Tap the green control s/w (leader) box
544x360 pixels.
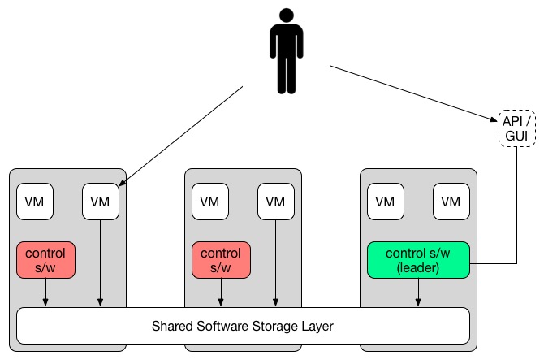tap(418, 260)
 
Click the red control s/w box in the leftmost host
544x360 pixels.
tap(45, 260)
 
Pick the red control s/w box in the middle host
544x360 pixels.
tap(221, 260)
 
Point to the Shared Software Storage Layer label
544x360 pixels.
tap(243, 326)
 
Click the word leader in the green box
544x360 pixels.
tap(418, 267)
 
